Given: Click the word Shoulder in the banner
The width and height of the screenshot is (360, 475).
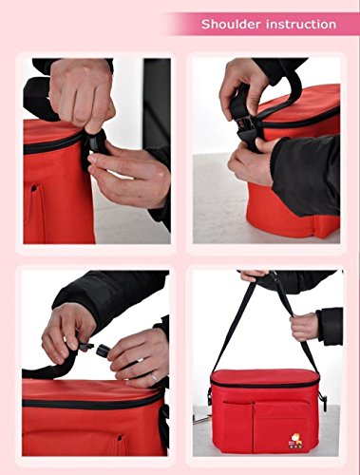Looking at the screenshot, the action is [x=231, y=24].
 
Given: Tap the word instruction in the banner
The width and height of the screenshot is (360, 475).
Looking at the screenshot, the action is [x=301, y=24].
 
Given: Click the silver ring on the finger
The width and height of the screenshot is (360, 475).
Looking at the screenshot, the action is [x=153, y=377].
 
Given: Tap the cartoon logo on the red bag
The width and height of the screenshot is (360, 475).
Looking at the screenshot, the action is [x=293, y=440].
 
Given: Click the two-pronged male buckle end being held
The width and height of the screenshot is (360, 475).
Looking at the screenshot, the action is [x=85, y=346].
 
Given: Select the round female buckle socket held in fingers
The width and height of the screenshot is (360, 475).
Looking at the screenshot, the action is [x=104, y=351].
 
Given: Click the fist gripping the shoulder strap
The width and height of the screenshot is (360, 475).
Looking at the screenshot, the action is [x=303, y=326].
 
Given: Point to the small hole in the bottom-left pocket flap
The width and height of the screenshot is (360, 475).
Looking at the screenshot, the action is [x=120, y=438].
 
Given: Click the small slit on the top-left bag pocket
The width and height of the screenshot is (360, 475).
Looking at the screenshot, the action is [x=35, y=190].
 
